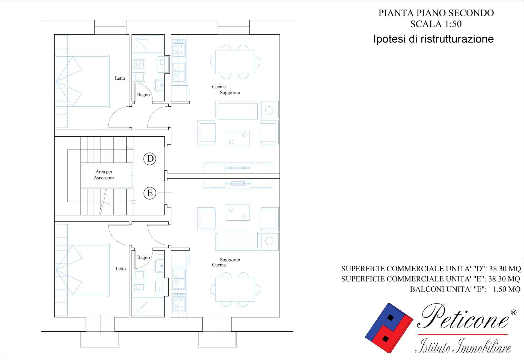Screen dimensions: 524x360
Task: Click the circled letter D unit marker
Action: (150, 158)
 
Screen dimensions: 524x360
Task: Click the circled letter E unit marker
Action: (150, 193)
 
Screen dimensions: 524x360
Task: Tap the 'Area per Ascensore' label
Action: (104, 175)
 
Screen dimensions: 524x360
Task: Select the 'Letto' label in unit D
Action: (120, 78)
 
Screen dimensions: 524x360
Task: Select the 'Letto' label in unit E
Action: (120, 269)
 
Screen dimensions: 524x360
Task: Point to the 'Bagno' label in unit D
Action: (143, 95)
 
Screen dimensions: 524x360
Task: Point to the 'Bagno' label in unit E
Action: (143, 257)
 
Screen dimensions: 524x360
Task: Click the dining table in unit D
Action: (235, 62)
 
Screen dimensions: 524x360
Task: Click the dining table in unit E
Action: (235, 290)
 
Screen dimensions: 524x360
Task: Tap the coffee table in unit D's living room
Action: (238, 139)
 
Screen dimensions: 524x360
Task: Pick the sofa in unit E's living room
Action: (237, 241)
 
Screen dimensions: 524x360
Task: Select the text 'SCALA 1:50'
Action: (436, 24)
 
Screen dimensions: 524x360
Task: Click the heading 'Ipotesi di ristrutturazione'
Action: (433, 39)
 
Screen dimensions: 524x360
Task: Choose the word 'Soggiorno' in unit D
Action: (230, 92)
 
